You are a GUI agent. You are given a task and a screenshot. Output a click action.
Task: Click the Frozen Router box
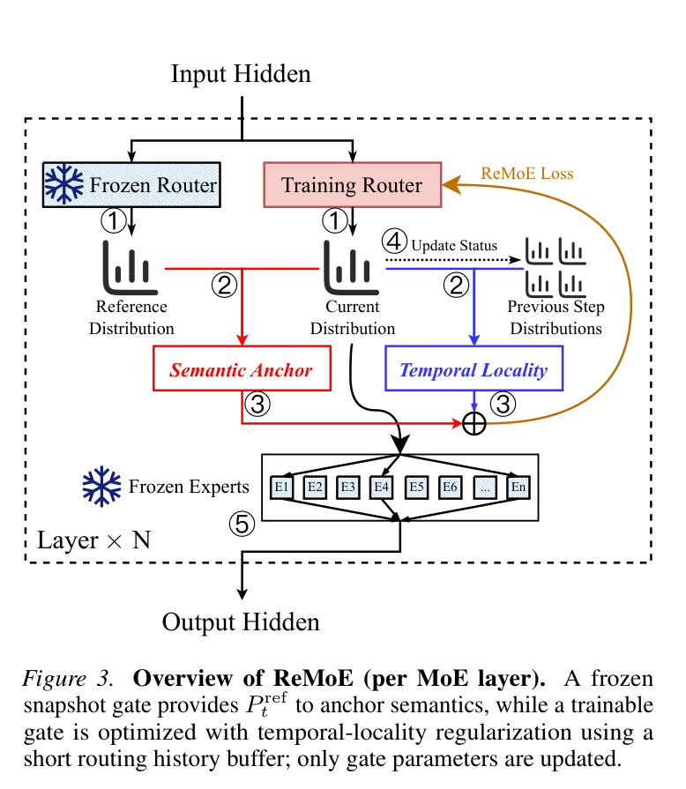131,184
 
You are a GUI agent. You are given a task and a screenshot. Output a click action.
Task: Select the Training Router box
353,184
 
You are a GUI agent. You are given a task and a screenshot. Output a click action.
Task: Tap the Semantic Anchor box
242,368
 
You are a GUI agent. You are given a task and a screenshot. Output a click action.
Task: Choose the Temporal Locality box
473,368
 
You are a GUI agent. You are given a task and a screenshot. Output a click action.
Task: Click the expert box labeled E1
281,488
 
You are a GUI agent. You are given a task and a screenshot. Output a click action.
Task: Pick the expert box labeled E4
381,488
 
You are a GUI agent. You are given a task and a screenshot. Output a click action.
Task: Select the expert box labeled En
518,488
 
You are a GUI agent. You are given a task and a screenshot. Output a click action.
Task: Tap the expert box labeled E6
450,488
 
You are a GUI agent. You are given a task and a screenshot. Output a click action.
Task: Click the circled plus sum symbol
473,423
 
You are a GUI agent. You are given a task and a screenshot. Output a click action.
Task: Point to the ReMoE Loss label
527,174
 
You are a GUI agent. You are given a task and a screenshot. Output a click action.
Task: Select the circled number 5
242,524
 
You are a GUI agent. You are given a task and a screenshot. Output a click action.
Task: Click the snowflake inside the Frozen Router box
63,183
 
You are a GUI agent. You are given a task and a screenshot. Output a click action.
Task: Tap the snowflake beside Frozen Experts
101,486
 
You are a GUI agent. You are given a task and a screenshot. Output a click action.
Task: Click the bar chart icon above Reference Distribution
130,267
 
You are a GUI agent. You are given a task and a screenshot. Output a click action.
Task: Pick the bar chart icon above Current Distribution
351,267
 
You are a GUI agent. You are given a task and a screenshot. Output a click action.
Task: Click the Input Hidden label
241,74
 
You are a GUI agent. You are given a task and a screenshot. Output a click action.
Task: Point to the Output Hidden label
241,622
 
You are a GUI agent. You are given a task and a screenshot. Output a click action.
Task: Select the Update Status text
454,246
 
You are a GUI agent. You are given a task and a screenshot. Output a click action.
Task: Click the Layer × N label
94,540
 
